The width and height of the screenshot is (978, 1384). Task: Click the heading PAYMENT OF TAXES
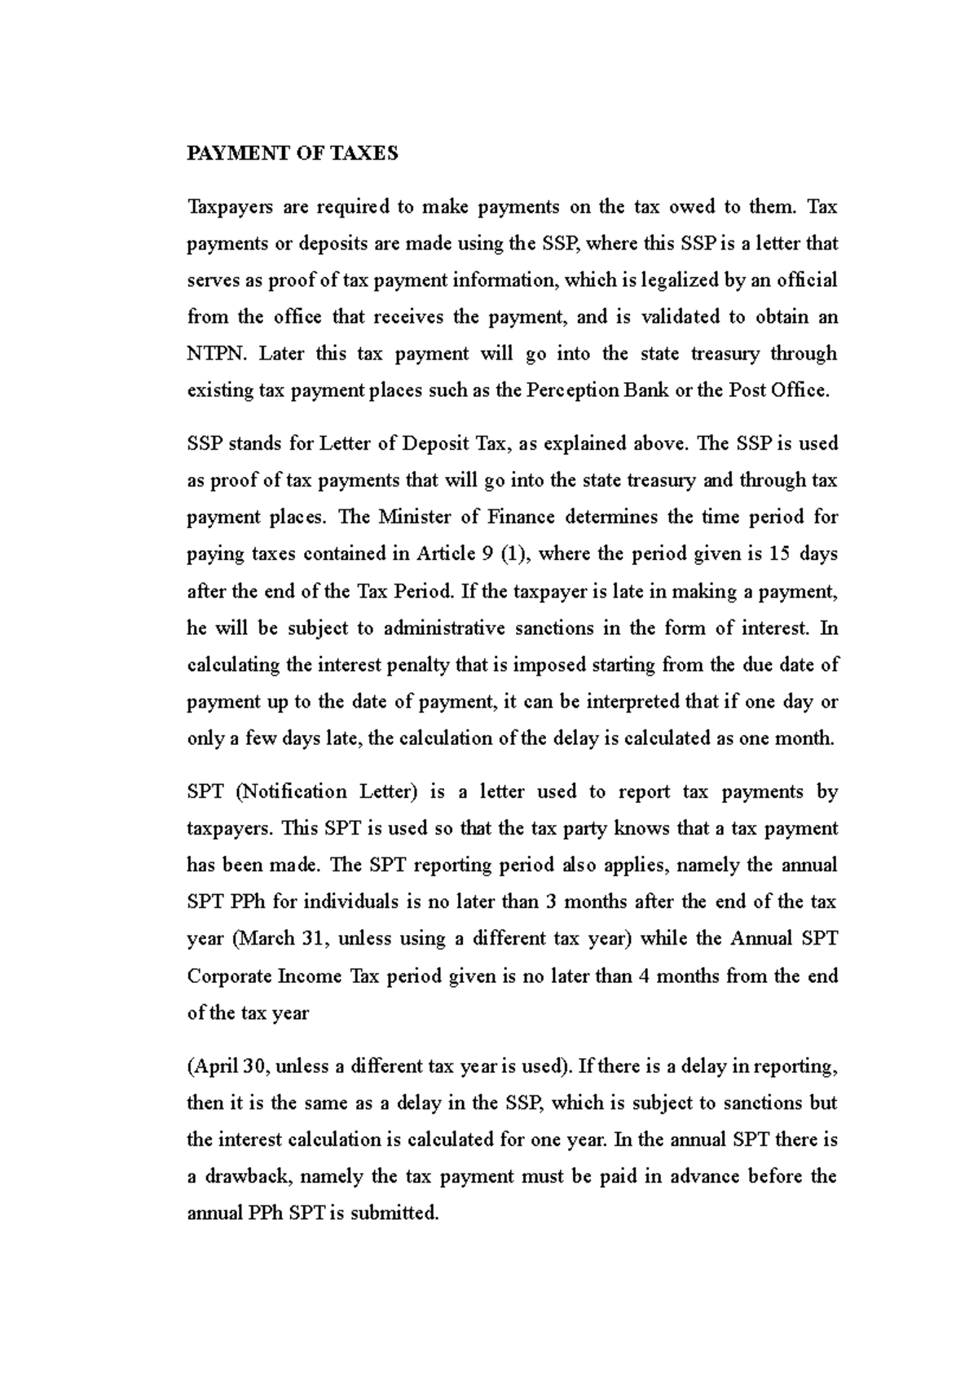coord(293,153)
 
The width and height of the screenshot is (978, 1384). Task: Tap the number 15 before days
coord(779,554)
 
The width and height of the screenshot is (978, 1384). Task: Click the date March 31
coord(280,939)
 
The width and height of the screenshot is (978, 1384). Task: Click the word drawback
coord(251,1176)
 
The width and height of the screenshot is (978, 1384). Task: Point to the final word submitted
coord(400,1213)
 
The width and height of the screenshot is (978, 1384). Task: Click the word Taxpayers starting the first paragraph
coord(229,207)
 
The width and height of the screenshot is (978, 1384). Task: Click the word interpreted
coord(644,702)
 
